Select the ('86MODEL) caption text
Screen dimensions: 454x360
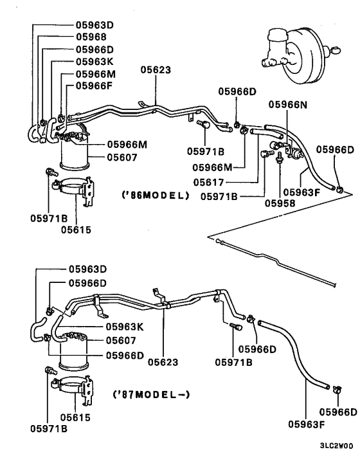coord(156,194)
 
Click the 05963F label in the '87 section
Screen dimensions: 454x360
coord(306,424)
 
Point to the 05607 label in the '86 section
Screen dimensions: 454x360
coord(124,156)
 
